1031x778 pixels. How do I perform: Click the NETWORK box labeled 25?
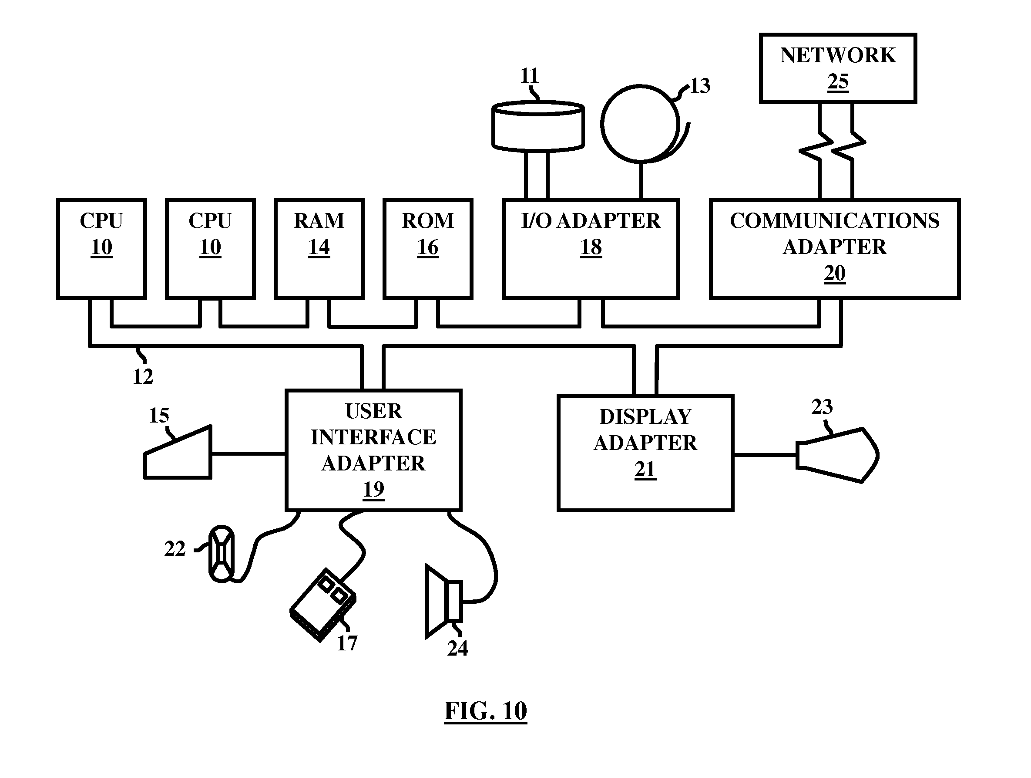coord(838,68)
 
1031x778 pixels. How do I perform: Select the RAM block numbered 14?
coord(319,249)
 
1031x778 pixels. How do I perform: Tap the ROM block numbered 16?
coord(428,249)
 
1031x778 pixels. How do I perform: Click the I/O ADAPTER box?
coord(591,249)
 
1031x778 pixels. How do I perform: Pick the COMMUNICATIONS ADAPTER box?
coord(835,249)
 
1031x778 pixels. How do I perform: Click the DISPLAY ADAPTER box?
coord(645,453)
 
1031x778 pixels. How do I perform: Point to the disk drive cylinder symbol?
coord(538,126)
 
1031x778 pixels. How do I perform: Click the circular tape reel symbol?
coord(640,124)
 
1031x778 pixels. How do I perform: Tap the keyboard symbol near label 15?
coord(178,453)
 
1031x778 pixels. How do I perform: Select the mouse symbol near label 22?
coord(222,554)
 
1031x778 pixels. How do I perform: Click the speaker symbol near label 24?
coord(444,601)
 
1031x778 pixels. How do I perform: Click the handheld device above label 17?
coord(323,605)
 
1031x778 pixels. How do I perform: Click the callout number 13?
coord(700,86)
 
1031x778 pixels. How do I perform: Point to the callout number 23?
coord(822,407)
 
